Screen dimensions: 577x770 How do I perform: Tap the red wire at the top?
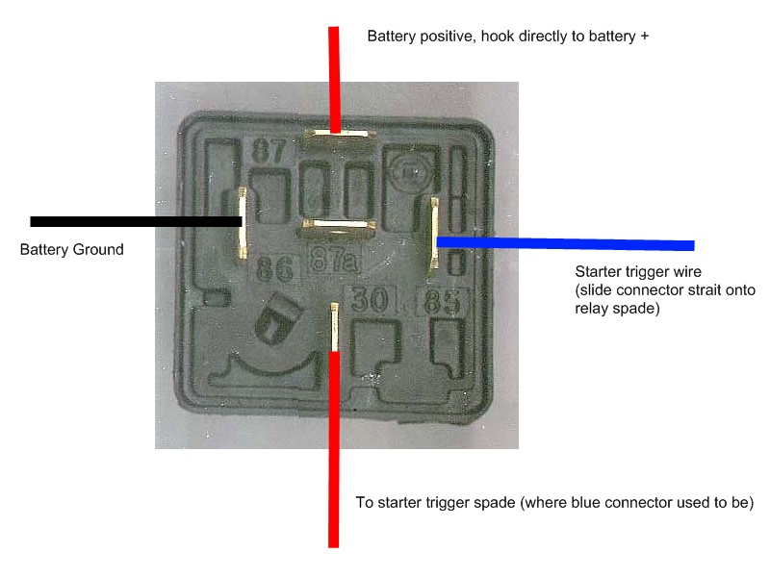pyautogui.click(x=334, y=77)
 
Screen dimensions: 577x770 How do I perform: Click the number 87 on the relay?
pyautogui.click(x=268, y=152)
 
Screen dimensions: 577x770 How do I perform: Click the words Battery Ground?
pyautogui.click(x=72, y=250)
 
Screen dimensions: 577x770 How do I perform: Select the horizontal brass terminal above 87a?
pyautogui.click(x=337, y=228)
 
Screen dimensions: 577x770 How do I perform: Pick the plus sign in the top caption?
pyautogui.click(x=646, y=38)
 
